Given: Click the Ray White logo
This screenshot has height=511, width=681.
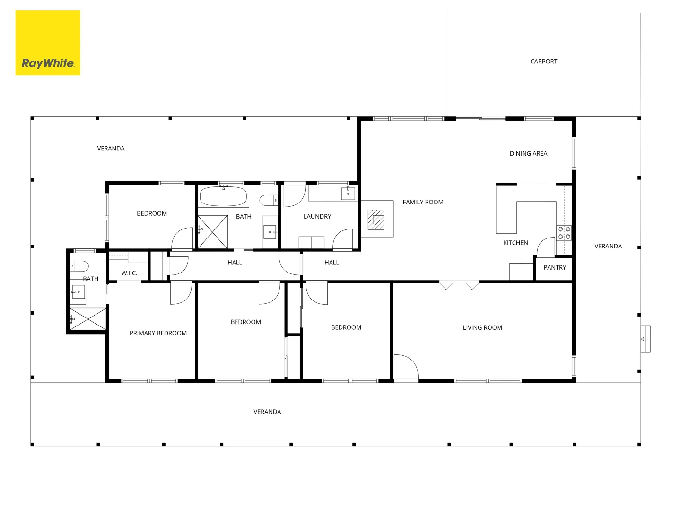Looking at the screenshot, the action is [48, 43].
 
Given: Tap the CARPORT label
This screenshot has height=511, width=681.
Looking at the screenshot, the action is [543, 62].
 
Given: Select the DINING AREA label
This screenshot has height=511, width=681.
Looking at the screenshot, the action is [528, 154].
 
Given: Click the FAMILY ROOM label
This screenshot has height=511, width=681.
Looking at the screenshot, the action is [423, 203].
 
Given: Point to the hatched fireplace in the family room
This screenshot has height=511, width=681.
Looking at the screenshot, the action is [375, 220].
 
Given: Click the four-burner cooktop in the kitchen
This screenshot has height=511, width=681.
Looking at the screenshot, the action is [564, 233].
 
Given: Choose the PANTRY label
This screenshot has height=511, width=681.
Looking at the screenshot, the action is [555, 267].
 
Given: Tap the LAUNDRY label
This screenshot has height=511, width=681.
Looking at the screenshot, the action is [317, 217].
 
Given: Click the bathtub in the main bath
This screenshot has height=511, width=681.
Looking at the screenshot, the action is [223, 196].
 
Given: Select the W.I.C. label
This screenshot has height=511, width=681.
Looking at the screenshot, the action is [129, 273].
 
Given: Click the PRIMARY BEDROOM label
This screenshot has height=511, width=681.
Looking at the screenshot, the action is [158, 333].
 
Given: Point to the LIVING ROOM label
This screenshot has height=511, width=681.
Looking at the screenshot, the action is [482, 327].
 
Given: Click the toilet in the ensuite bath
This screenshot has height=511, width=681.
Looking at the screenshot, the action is [79, 266].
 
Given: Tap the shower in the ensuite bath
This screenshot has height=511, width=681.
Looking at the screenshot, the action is [88, 319].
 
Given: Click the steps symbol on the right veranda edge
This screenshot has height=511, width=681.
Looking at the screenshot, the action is [646, 339].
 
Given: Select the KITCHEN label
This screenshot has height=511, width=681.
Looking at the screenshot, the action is [515, 243].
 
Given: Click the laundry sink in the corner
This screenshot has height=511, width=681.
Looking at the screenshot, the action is [348, 193].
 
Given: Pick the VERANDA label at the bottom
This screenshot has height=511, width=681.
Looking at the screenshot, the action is [267, 412].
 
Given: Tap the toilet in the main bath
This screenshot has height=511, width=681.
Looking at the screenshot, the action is [269, 201].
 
